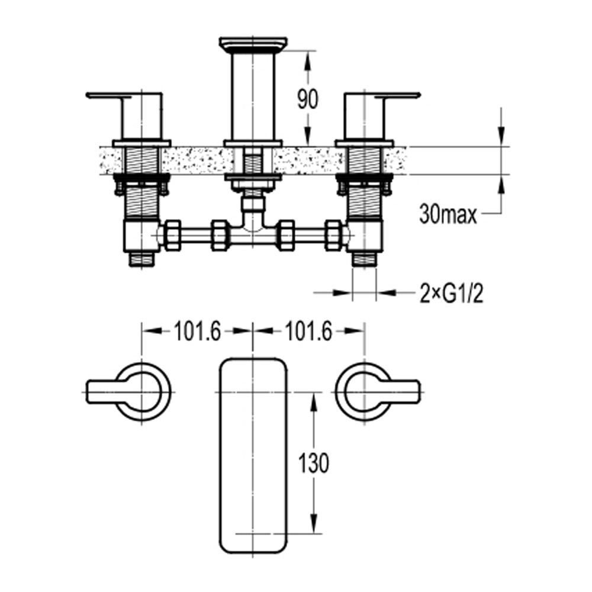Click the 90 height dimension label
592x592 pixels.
[x=307, y=100]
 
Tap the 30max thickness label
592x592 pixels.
[x=448, y=214]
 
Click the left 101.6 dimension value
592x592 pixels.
[x=197, y=332]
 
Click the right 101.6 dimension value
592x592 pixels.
[x=308, y=332]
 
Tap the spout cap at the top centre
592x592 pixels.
[x=253, y=44]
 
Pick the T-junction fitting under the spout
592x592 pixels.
[x=253, y=228]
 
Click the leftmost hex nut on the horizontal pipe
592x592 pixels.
[x=172, y=235]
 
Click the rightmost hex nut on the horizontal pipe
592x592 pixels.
[x=333, y=235]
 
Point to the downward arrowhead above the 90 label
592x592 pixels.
[x=307, y=57]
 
